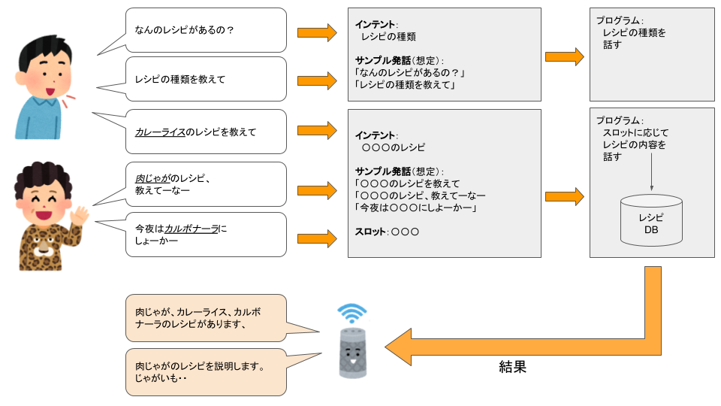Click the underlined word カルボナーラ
pyautogui.click(x=192, y=228)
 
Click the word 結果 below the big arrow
pyautogui.click(x=512, y=367)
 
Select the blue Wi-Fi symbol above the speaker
pyautogui.click(x=351, y=312)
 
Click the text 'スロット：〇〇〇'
pyautogui.click(x=387, y=232)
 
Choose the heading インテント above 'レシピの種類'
pyautogui.click(x=376, y=23)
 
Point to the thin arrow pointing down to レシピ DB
pyautogui.click(x=651, y=177)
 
